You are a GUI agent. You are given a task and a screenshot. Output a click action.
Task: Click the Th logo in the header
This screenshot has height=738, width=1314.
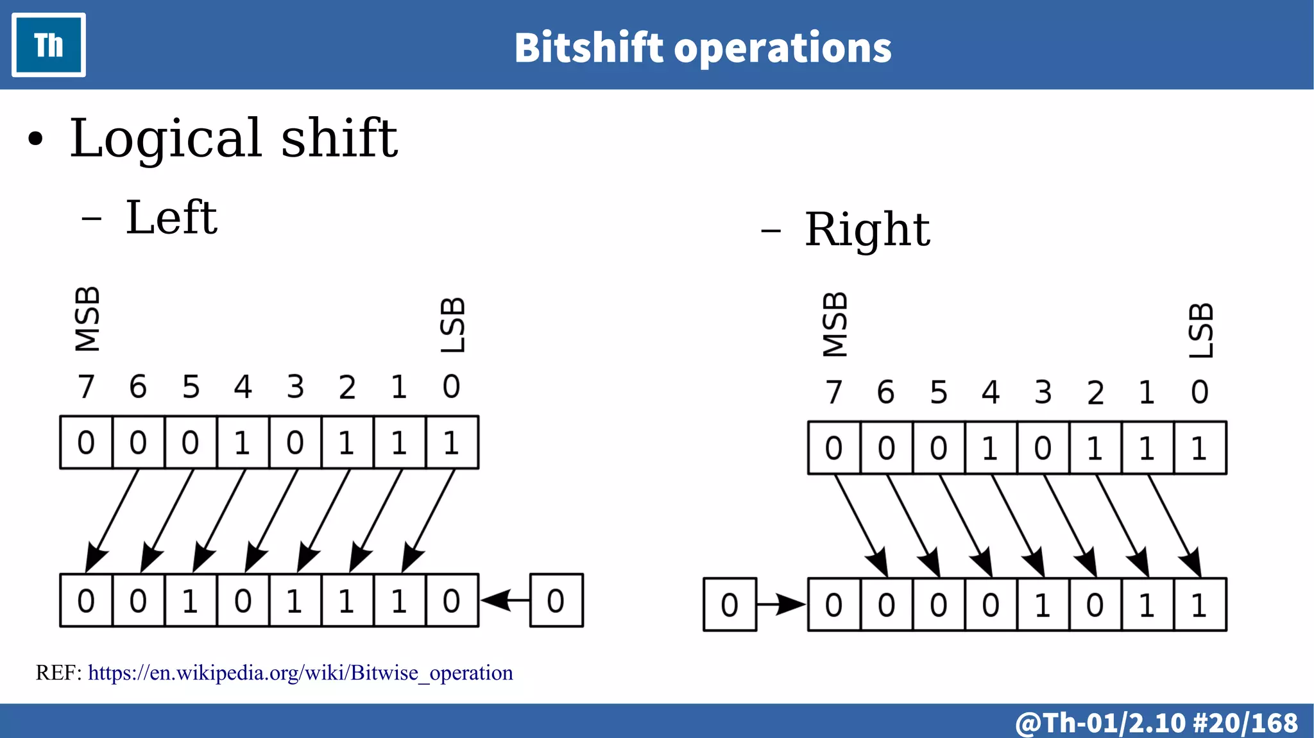point(49,45)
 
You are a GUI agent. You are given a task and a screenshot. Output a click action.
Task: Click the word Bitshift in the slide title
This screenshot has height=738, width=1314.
point(588,48)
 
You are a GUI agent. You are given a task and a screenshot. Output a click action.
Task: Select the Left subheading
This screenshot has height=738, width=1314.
point(171,218)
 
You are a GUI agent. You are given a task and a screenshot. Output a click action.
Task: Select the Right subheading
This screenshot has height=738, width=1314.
point(867,229)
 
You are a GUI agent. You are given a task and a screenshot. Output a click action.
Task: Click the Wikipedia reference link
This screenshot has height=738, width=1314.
point(300,673)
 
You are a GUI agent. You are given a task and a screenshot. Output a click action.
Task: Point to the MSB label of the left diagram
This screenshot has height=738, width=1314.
point(87,319)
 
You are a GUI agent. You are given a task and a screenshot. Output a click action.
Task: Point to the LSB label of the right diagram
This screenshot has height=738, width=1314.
point(1200,330)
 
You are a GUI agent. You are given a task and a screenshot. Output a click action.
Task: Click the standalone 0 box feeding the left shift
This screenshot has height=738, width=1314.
point(556,601)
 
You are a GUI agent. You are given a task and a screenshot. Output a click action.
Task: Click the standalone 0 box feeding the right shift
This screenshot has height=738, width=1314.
point(730,605)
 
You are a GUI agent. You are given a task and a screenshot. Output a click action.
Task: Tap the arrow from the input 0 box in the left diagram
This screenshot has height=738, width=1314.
point(505,601)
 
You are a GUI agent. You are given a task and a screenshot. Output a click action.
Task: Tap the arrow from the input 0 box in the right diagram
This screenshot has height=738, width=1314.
point(781,605)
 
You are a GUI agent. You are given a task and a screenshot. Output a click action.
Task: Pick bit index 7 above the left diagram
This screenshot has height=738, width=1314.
point(86,387)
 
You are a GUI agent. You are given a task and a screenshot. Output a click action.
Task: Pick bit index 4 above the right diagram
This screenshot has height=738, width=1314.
point(991,392)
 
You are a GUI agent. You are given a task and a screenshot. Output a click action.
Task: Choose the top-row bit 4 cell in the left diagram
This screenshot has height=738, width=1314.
point(243,443)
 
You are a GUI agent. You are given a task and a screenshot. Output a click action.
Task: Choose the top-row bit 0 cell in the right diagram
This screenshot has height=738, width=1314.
point(1200,448)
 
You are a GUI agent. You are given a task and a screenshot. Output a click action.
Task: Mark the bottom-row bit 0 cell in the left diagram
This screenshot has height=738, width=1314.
point(452,601)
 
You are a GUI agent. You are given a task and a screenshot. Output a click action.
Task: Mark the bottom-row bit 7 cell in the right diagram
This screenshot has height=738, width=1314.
point(834,605)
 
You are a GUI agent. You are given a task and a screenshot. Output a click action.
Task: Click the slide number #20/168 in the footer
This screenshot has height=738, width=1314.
point(1245,723)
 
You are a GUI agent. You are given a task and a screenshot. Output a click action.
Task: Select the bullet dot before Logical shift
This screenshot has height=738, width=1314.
point(36,139)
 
